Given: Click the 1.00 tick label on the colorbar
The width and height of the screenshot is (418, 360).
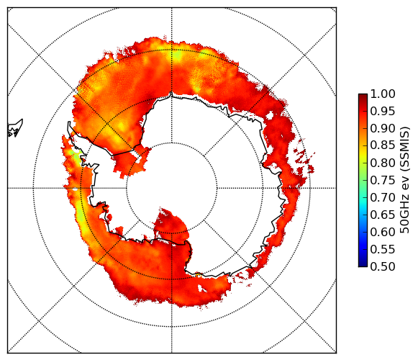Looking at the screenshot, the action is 383,94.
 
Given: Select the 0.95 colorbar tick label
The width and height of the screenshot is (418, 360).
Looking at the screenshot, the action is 383,112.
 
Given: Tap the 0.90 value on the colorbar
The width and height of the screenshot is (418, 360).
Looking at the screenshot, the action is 383,129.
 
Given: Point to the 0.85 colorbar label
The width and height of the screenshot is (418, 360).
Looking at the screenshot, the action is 383,145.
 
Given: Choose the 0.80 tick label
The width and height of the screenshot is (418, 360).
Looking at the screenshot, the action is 383,163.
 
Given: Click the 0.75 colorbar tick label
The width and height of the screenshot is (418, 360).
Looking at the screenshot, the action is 383,181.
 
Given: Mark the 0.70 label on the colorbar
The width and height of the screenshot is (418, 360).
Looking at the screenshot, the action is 383,198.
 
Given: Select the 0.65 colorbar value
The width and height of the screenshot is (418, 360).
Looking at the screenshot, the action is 383,215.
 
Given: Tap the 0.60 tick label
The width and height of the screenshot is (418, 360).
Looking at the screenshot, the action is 383,232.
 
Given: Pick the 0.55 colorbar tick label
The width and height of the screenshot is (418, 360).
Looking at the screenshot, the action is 383,250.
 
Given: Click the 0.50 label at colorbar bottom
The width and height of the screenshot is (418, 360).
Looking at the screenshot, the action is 383,266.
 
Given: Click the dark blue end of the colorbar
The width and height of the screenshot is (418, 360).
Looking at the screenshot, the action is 363,263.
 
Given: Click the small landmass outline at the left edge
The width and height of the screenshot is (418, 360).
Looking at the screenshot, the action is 15,128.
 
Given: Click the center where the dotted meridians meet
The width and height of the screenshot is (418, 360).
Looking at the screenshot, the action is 172,188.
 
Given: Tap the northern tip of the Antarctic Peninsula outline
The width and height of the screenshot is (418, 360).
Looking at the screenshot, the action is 69,122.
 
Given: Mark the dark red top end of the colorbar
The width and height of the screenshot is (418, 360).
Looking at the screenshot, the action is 363,97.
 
